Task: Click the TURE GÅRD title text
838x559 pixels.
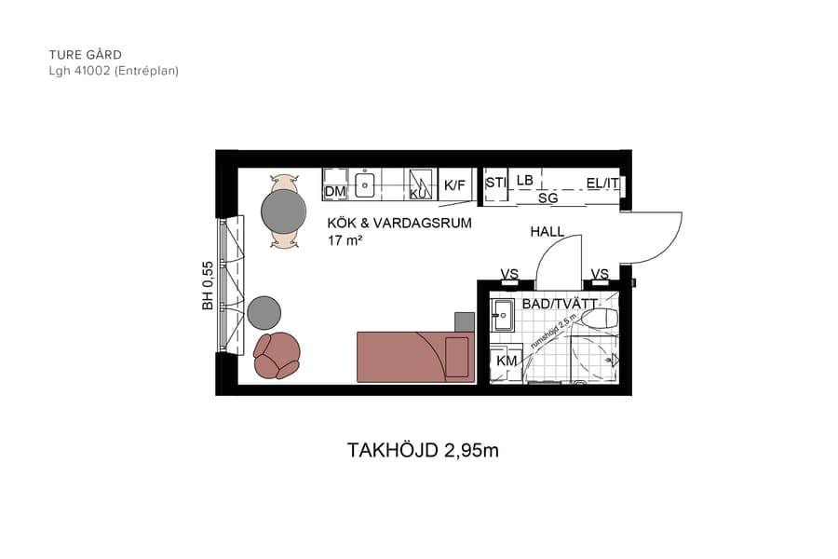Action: click(86, 55)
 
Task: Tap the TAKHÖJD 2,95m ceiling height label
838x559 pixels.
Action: click(423, 451)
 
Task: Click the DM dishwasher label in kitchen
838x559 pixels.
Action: click(335, 192)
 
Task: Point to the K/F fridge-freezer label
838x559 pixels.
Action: click(454, 185)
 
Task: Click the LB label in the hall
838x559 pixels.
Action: click(525, 180)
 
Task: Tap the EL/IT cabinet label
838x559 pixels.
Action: click(602, 184)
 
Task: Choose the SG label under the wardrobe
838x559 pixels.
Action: click(548, 198)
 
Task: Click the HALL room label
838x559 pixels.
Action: click(547, 231)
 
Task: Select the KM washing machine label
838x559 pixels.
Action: click(507, 361)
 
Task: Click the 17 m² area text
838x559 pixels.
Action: click(345, 240)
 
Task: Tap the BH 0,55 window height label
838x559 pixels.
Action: click(208, 285)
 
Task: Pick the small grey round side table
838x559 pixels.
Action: click(264, 311)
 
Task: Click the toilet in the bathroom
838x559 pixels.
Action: click(601, 320)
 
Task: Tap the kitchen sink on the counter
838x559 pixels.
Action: click(365, 184)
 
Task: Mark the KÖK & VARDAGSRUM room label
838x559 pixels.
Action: click(399, 224)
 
